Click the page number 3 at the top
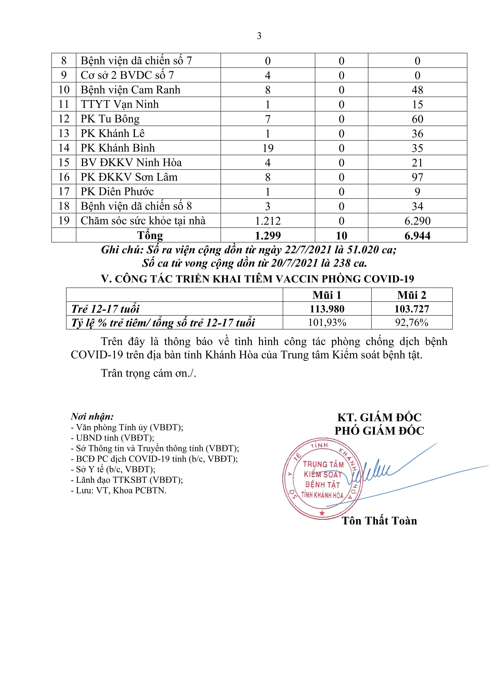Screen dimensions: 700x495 (x=259, y=36)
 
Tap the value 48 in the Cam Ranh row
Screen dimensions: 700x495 (x=417, y=90)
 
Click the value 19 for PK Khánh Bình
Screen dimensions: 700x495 (x=268, y=148)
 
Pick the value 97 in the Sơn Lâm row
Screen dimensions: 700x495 (x=417, y=177)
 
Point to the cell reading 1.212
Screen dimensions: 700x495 (x=268, y=221)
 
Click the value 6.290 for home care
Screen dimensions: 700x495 (x=417, y=221)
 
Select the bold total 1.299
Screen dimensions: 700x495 (x=268, y=235)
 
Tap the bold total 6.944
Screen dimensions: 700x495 (x=417, y=235)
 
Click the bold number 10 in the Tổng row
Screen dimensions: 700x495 (x=341, y=235)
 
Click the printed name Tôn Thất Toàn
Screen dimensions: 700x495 (x=379, y=521)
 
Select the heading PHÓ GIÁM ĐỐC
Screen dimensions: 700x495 (x=379, y=431)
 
